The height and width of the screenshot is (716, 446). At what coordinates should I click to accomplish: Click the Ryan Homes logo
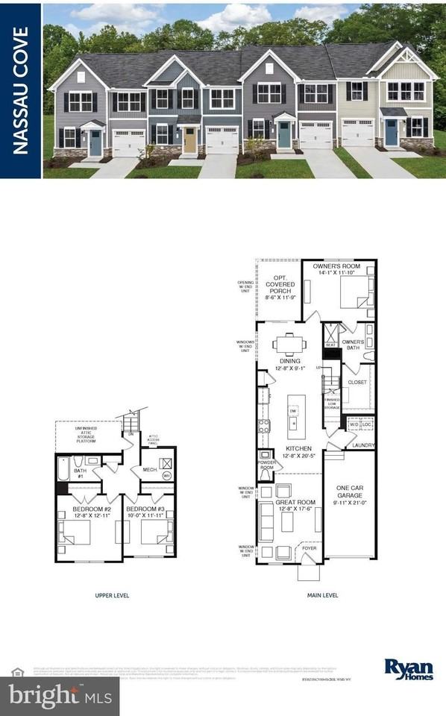pyautogui.click(x=408, y=669)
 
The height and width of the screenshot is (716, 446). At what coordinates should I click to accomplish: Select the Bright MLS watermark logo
pyautogui.click(x=60, y=697)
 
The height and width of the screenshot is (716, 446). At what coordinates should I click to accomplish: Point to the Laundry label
pyautogui.click(x=363, y=445)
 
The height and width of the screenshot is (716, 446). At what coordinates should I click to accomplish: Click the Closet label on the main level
pyautogui.click(x=357, y=383)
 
